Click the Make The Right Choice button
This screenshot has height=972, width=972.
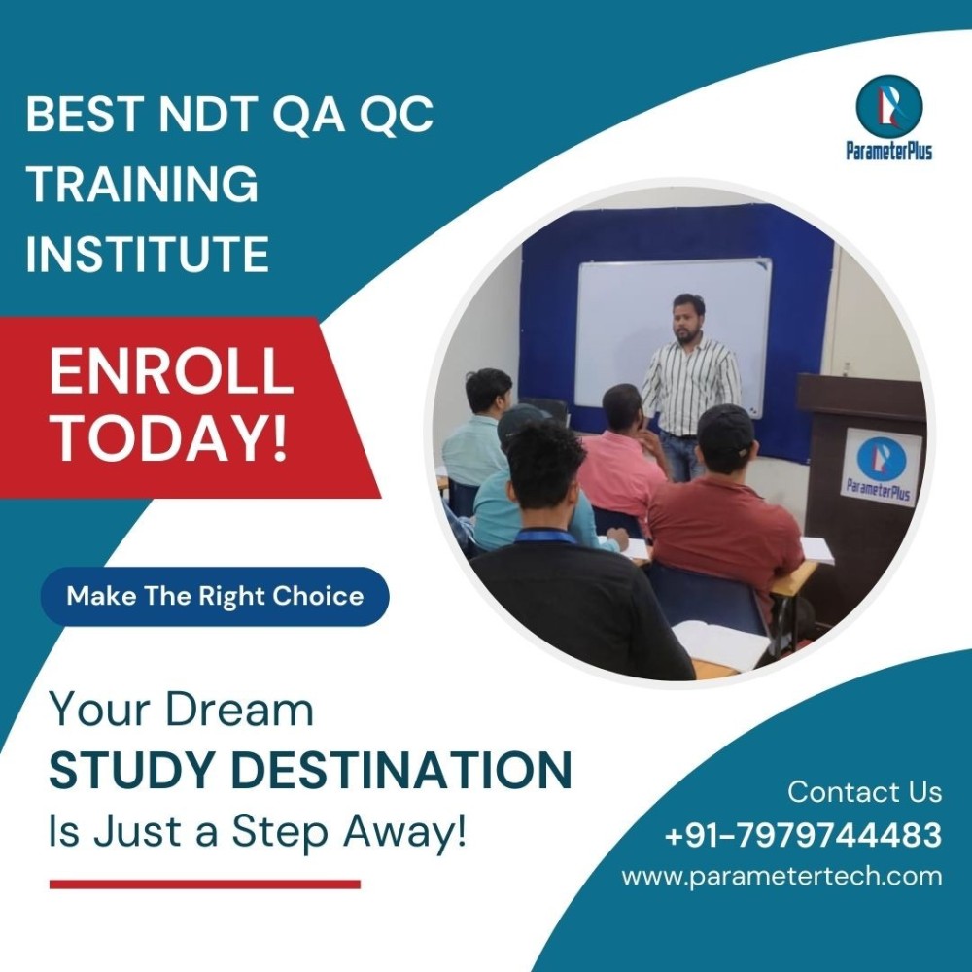click(215, 596)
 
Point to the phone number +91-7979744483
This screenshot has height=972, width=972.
click(803, 834)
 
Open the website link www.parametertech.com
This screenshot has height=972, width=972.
click(781, 877)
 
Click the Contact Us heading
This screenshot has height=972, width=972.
click(865, 791)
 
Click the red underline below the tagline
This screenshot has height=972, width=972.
click(204, 885)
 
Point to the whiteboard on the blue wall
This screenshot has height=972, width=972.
click(675, 334)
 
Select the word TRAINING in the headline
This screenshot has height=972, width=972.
click(142, 184)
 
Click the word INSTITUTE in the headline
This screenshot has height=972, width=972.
click(148, 254)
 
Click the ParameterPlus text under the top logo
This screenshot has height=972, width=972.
click(889, 150)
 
